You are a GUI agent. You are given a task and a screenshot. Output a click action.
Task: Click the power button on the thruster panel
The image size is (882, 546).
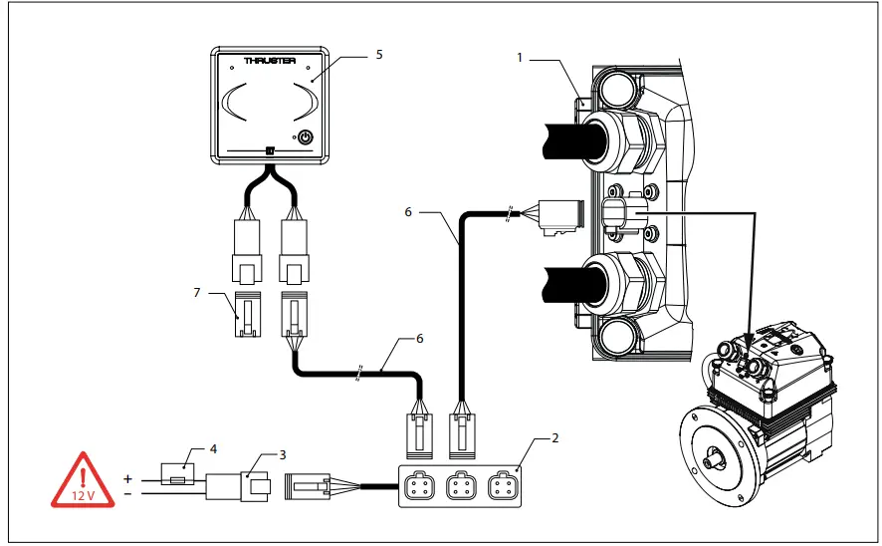306,137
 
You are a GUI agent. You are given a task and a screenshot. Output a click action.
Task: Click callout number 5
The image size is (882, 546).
378,55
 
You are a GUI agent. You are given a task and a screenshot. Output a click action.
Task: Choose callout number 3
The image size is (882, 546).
283,454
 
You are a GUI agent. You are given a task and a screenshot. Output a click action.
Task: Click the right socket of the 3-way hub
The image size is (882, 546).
500,489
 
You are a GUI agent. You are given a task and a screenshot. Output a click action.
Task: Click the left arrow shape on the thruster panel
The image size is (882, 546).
235,104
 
